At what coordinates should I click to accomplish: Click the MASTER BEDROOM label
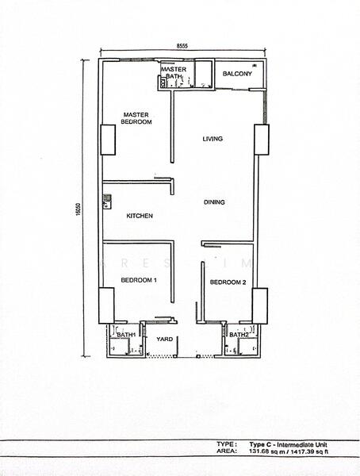[136, 118]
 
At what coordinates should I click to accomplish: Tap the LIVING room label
[213, 139]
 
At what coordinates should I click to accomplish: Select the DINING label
[214, 202]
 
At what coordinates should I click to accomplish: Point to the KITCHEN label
[140, 216]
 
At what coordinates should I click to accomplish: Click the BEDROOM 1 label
[139, 280]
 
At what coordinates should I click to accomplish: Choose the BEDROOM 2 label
[228, 282]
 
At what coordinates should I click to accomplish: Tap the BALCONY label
[237, 74]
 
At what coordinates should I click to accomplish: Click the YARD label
[164, 339]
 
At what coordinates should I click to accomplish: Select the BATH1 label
[126, 335]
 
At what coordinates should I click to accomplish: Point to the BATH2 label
[239, 335]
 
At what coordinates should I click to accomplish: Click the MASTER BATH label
[174, 72]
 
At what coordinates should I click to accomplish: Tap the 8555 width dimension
[182, 46]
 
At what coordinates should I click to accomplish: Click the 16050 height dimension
[79, 209]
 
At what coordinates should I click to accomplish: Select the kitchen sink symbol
[106, 202]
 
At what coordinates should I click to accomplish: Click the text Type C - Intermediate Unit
[288, 445]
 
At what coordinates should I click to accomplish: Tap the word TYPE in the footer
[225, 444]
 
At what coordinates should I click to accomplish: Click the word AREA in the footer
[226, 451]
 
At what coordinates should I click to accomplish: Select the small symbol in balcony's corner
[255, 65]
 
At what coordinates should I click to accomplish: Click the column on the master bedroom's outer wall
[108, 140]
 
